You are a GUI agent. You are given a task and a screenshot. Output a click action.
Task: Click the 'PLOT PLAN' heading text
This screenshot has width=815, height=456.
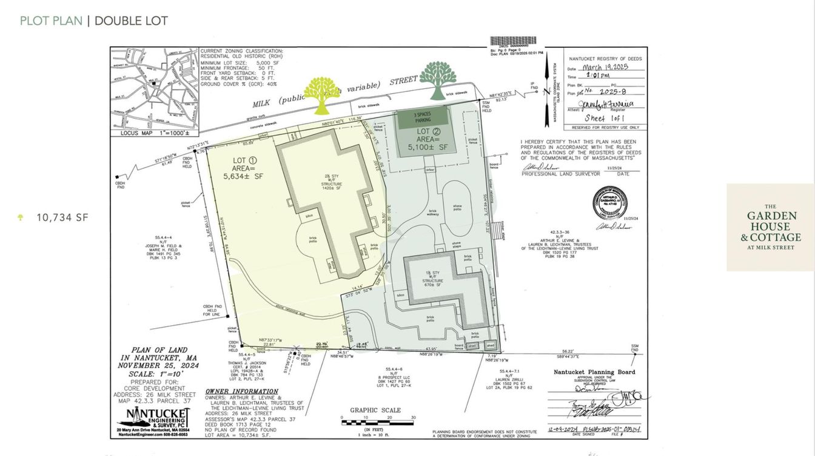click(x=51, y=21)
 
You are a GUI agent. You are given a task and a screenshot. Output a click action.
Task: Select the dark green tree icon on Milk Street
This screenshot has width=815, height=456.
click(x=438, y=79)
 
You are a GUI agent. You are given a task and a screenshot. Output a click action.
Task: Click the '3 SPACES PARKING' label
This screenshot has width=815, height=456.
click(x=423, y=117)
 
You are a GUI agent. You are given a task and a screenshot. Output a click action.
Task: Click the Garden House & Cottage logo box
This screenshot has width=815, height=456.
click(x=770, y=226)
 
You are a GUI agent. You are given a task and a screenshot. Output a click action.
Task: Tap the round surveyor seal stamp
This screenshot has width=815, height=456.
click(x=609, y=202)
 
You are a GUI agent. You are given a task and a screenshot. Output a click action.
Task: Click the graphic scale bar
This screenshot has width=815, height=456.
click(x=378, y=423)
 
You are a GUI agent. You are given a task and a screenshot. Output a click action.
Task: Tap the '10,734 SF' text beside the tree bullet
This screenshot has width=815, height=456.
click(x=62, y=217)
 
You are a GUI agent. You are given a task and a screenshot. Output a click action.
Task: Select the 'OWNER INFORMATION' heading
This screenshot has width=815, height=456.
click(x=241, y=392)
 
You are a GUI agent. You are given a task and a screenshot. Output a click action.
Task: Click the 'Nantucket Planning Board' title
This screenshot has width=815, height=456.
click(x=594, y=372)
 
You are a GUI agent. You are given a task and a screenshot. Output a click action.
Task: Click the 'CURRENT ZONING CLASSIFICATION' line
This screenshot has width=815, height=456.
click(x=241, y=51)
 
